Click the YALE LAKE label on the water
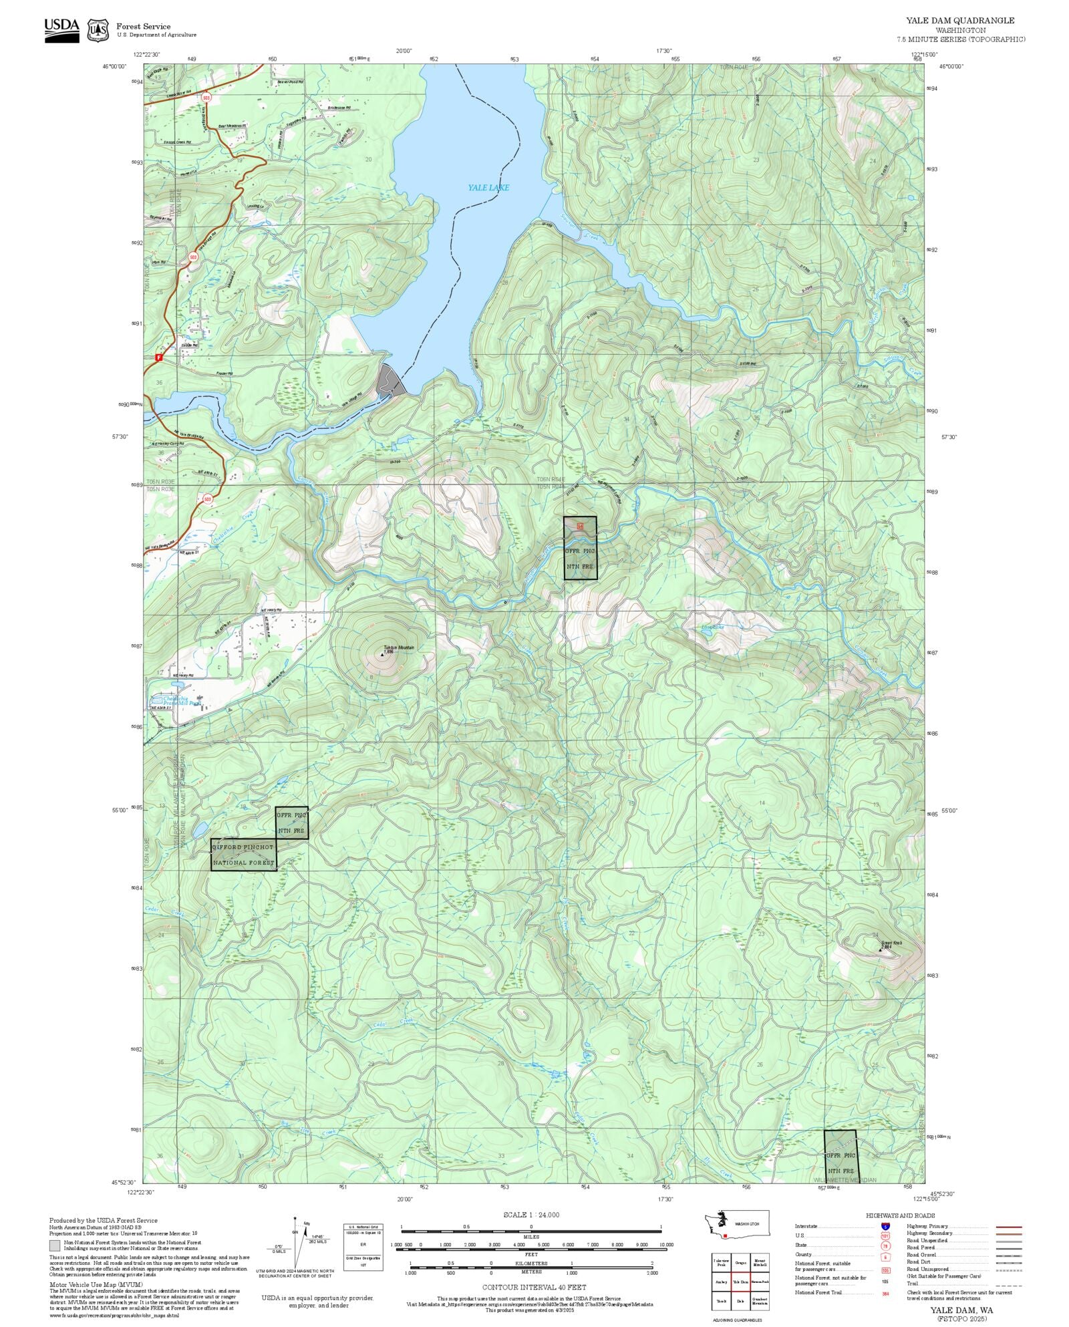click(488, 188)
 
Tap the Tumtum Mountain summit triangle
click(382, 655)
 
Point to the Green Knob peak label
click(891, 943)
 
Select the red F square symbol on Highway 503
click(158, 357)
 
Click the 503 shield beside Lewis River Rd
click(206, 98)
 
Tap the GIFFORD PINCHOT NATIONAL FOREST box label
click(243, 855)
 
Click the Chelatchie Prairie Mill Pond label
click(174, 701)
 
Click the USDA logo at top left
click(61, 30)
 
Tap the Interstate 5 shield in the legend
click(885, 1227)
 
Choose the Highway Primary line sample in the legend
click(1008, 1227)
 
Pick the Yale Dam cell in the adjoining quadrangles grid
click(740, 1282)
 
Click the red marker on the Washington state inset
click(724, 1236)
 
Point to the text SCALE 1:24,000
click(531, 1215)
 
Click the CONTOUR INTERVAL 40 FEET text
click(534, 1287)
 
